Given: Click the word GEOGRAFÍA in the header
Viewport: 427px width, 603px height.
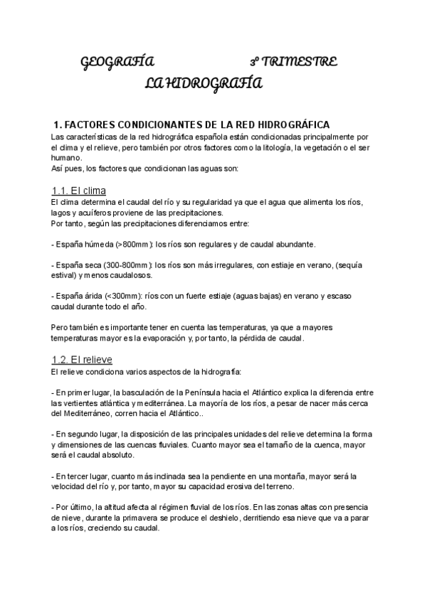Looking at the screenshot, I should pyautogui.click(x=116, y=63).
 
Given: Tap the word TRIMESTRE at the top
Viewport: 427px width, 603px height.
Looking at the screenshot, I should pyautogui.click(x=299, y=63).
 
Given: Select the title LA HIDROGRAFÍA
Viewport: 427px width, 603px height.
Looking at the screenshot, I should pyautogui.click(x=203, y=85).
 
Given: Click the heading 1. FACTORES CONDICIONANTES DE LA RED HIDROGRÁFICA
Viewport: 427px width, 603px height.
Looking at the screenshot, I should pyautogui.click(x=192, y=124).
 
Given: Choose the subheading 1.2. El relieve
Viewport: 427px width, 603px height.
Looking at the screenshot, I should pyautogui.click(x=83, y=359).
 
